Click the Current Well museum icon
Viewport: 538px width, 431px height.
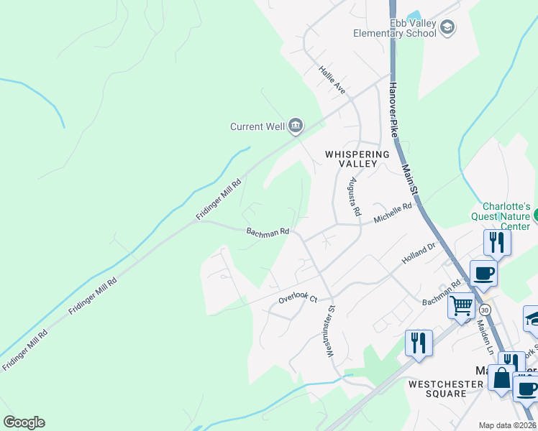click(296, 126)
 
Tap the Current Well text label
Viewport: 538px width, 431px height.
click(257, 127)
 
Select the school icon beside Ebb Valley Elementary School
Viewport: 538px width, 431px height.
click(448, 28)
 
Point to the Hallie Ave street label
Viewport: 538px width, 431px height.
click(332, 80)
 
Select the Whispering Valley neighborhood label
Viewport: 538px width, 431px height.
click(357, 159)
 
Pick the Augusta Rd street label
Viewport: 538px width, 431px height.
click(353, 198)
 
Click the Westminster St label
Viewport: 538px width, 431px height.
click(331, 331)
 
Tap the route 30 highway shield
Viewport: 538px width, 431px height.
click(485, 310)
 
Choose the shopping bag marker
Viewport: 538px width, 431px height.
click(501, 376)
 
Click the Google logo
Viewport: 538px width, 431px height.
click(24, 422)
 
